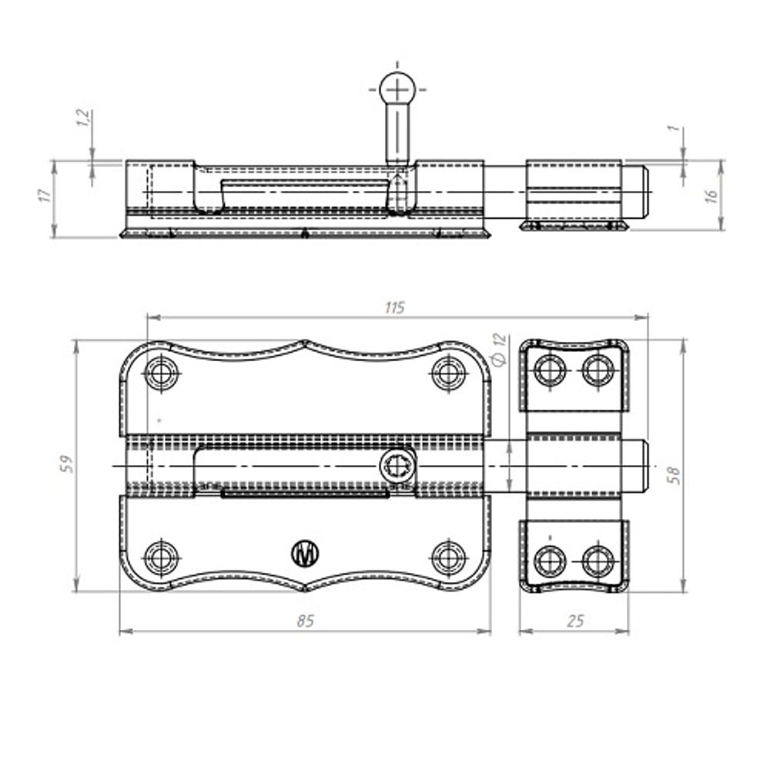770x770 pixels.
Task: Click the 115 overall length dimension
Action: [x=395, y=308]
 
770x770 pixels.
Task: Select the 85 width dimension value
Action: [x=305, y=621]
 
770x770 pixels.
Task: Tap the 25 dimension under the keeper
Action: [x=575, y=621]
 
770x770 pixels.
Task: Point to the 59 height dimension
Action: [x=66, y=464]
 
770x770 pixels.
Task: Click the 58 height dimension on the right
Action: [x=675, y=475]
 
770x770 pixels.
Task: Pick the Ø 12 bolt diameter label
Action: [x=498, y=349]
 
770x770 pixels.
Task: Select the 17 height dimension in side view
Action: [x=45, y=195]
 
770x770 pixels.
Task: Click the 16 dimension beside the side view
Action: [x=711, y=195]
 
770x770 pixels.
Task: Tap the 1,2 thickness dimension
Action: [x=83, y=117]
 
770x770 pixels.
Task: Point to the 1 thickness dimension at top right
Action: [x=676, y=128]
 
